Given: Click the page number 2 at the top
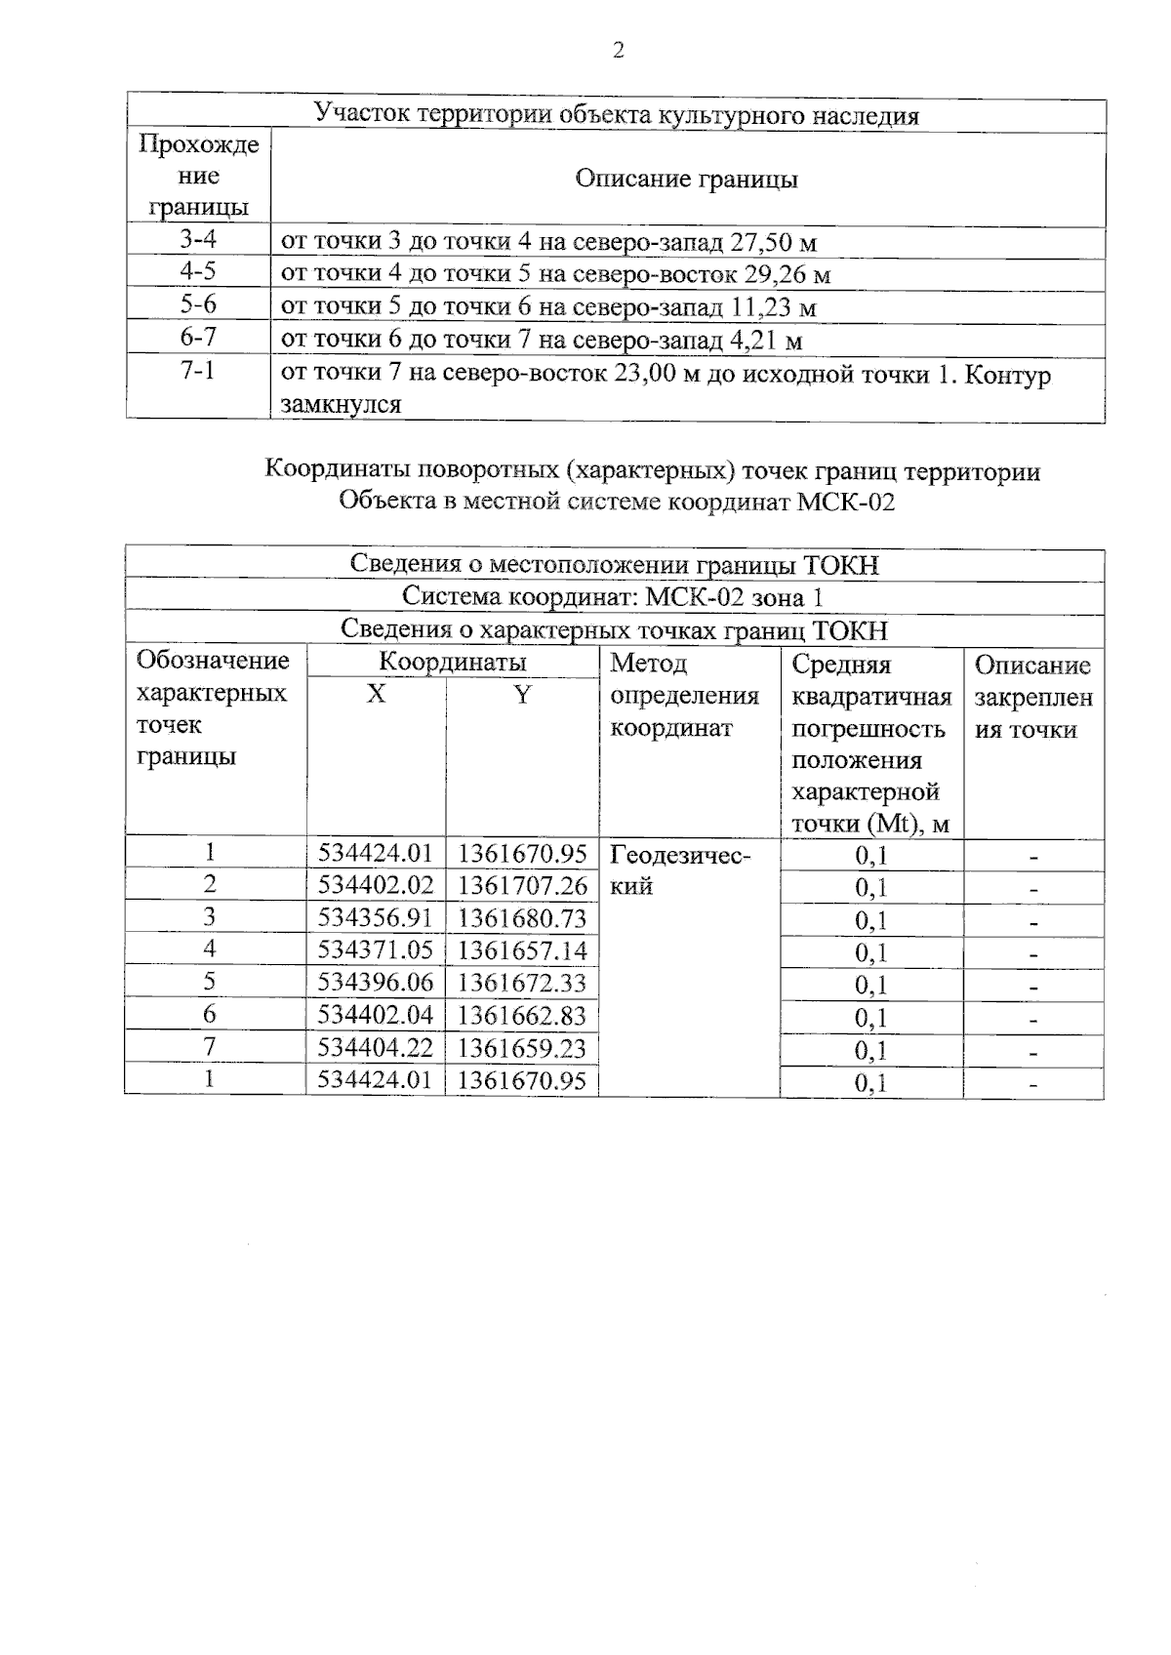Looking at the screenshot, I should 617,52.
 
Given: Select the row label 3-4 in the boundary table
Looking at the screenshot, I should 198,239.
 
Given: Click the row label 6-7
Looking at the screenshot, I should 198,338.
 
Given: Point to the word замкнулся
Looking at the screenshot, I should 341,404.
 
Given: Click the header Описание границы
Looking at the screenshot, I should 686,180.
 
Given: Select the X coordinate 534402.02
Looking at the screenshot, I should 376,886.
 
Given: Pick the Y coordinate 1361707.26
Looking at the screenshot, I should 522,886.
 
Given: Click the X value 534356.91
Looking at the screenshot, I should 376,918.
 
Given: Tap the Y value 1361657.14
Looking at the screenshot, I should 522,950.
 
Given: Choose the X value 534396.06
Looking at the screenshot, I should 376,983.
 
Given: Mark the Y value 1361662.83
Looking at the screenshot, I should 522,1016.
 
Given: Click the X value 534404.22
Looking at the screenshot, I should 376,1048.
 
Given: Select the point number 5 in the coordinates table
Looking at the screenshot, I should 209,982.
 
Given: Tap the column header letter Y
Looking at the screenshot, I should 522,695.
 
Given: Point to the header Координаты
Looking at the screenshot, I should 453,663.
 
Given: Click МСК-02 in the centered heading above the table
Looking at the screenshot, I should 845,503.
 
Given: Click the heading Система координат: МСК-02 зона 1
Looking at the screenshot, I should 614,597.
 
